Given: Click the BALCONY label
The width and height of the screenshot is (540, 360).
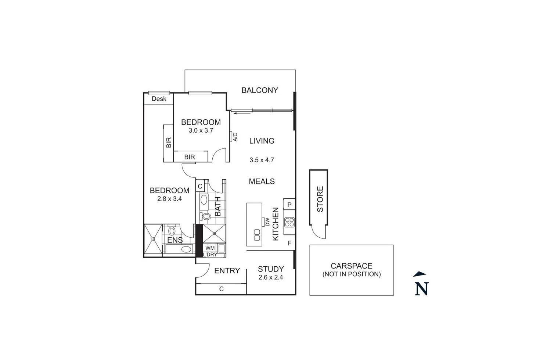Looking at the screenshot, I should click(x=260, y=90).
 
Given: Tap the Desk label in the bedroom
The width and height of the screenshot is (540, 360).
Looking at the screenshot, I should click(x=159, y=99).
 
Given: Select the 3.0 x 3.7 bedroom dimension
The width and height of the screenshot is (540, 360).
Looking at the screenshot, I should click(x=201, y=130).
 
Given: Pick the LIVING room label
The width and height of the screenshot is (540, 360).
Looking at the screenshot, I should click(x=262, y=141).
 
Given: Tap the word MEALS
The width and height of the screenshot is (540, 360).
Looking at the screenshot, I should click(x=262, y=181).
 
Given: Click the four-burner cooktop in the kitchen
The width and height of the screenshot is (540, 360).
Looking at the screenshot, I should click(x=289, y=222).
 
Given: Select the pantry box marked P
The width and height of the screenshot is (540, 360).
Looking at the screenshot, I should click(x=289, y=205).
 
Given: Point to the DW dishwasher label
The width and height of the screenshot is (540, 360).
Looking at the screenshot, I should click(x=267, y=222).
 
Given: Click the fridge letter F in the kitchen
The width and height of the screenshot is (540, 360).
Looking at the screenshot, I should click(x=289, y=243).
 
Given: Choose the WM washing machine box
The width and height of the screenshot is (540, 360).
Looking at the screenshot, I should click(x=210, y=248).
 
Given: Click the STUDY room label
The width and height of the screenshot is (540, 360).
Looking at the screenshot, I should click(x=271, y=269).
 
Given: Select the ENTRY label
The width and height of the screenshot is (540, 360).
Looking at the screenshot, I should click(x=227, y=271).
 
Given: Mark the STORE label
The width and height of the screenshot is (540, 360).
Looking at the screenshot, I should click(x=320, y=199).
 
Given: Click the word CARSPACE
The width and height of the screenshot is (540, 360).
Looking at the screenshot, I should click(x=352, y=266).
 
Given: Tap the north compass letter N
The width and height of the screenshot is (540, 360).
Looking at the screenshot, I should click(x=422, y=289).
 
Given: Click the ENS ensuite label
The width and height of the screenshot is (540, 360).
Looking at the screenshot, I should click(x=175, y=240).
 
